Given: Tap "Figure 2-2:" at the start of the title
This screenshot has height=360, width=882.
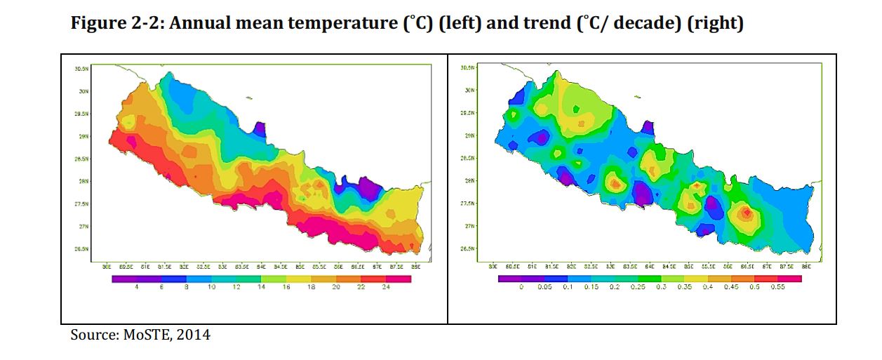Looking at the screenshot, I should (116, 23).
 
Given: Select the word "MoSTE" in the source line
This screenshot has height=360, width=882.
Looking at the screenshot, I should (145, 335).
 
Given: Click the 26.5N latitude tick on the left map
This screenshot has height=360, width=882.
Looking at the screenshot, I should (81, 249).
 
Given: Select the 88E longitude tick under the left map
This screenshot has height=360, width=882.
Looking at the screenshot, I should (415, 267).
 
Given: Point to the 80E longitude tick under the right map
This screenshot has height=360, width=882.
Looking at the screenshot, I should (493, 267).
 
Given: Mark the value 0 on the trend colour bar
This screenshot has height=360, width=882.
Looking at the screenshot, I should (521, 288).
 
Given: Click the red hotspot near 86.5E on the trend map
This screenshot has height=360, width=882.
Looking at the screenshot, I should (748, 212).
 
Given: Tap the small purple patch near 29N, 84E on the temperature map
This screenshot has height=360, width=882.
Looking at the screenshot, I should (260, 128).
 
